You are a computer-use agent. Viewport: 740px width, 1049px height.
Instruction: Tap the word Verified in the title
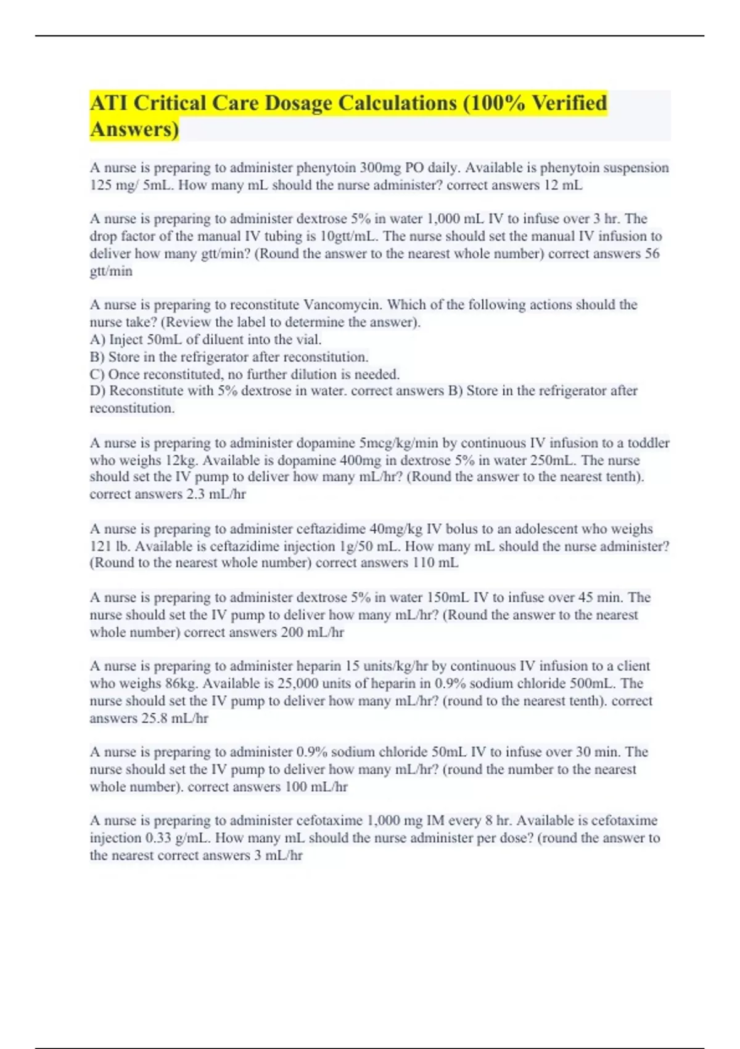569,103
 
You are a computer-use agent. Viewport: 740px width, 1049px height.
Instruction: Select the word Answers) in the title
134,129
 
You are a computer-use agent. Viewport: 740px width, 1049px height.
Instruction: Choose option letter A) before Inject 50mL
97,339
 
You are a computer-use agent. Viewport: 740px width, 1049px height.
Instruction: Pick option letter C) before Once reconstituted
97,374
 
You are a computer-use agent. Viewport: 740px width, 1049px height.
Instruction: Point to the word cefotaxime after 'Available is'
624,821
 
